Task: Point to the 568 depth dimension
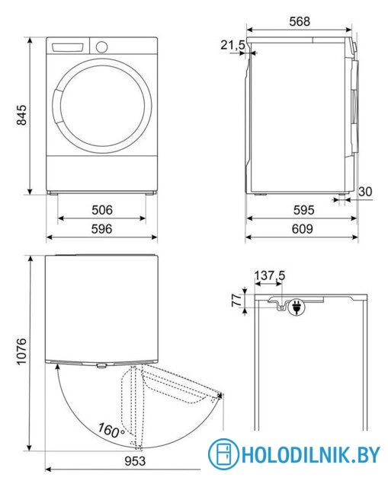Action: pos(299,22)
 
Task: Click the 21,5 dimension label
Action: pos(232,46)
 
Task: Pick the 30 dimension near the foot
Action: pos(364,192)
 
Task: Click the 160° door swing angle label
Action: pos(111,431)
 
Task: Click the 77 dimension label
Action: pos(236,301)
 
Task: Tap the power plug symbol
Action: pos(295,309)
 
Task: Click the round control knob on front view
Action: pos(101,46)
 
